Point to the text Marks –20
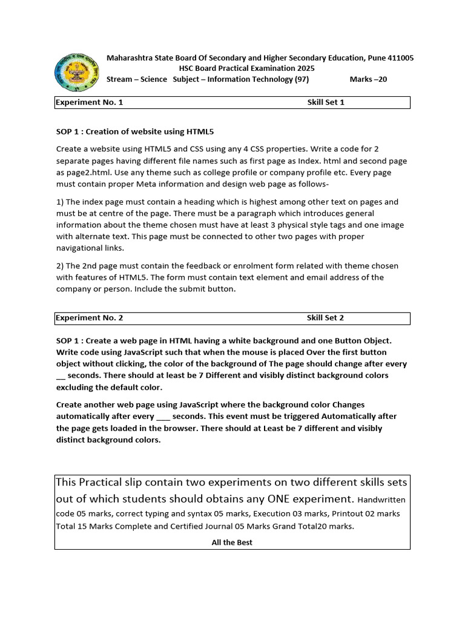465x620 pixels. [x=368, y=80]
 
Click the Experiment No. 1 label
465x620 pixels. [x=90, y=102]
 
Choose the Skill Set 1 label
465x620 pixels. [x=326, y=102]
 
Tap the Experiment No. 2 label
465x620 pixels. [x=90, y=318]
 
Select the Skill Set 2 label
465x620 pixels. [x=326, y=318]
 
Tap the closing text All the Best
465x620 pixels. [x=232, y=542]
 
